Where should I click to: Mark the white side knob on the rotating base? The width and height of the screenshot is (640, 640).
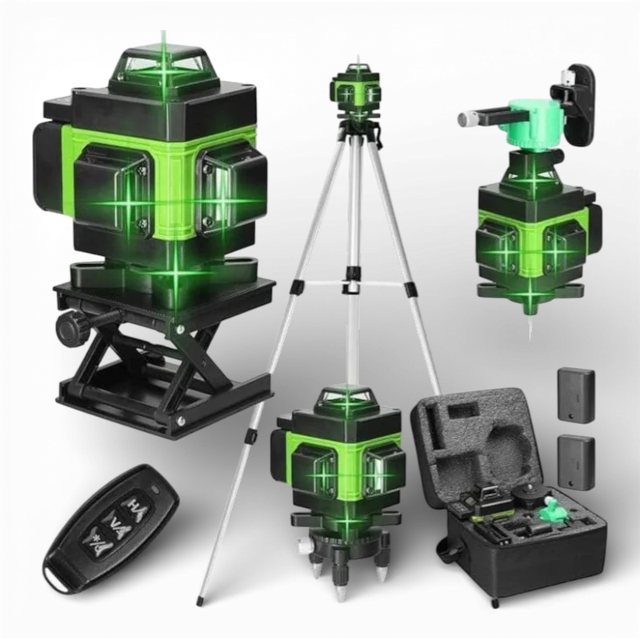pos(302,545)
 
